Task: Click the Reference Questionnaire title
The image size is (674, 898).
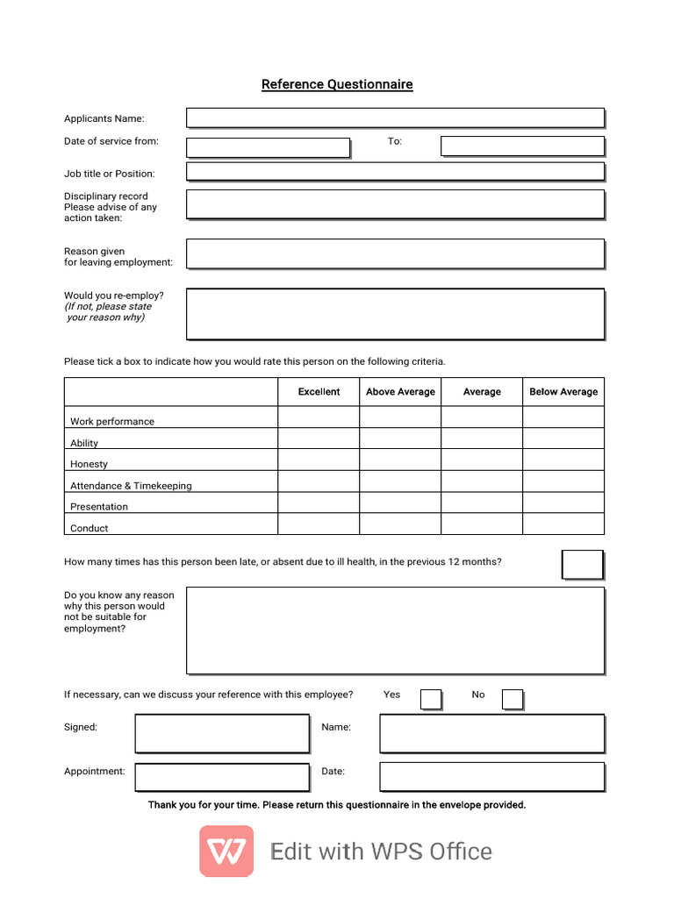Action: [337, 84]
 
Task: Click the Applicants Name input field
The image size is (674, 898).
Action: [395, 118]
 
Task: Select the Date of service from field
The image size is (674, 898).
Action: [268, 147]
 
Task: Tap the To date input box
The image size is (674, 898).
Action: [522, 146]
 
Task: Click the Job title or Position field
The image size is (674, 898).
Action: [395, 171]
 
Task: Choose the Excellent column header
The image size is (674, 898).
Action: [319, 392]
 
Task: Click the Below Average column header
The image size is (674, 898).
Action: [563, 392]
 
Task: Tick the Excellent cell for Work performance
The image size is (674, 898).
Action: [319, 417]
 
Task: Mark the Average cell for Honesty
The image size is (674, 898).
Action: [482, 460]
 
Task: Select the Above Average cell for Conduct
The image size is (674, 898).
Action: [400, 524]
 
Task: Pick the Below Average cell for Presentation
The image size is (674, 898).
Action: [563, 502]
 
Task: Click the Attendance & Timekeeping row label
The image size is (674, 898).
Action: [131, 486]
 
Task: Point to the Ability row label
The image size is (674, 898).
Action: [84, 443]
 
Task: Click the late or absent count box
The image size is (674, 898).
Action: [582, 565]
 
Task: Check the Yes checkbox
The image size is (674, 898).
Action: [431, 699]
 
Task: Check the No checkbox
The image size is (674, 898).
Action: [513, 699]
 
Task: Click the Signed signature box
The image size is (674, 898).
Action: [222, 733]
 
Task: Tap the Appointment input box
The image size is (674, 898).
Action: [222, 777]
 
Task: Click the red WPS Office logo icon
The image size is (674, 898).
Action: [226, 852]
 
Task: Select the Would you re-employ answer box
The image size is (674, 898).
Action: [395, 313]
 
